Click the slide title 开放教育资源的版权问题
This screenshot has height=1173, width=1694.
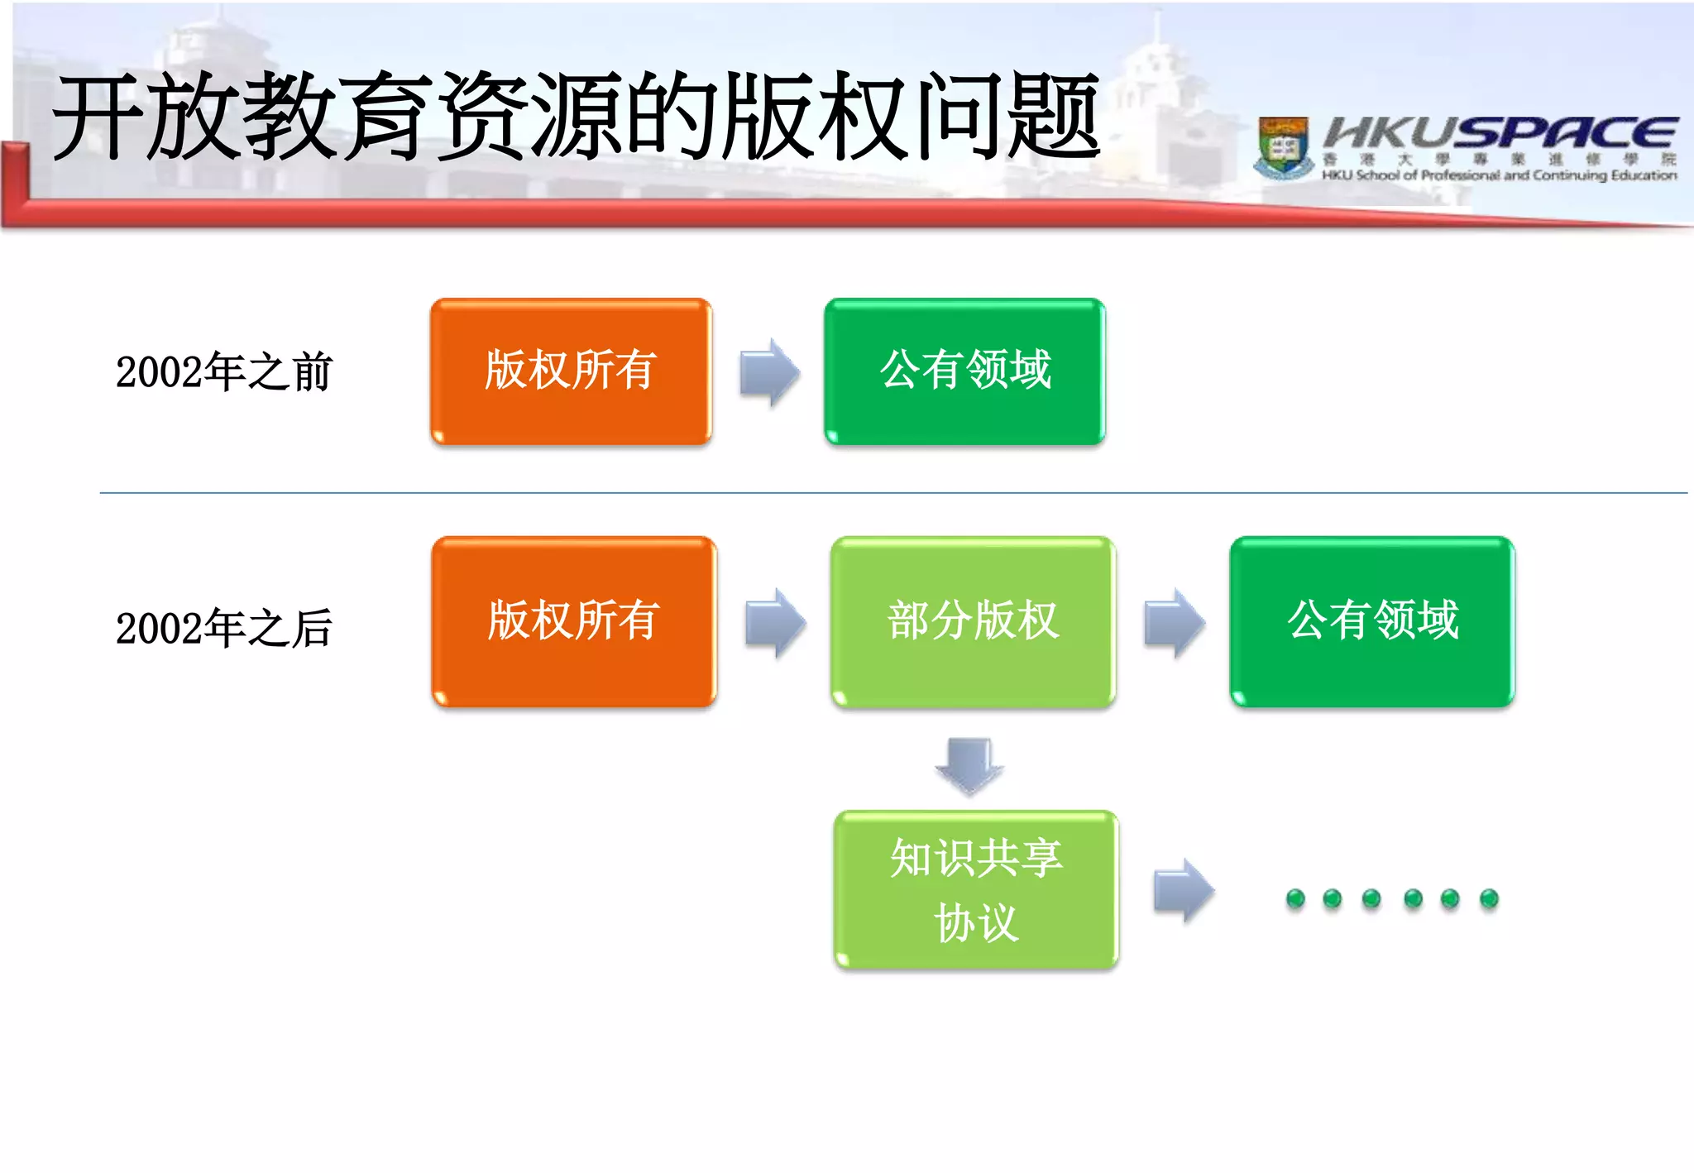(x=576, y=117)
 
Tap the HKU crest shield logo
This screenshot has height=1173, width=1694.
(x=1283, y=147)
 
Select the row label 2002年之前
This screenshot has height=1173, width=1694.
(x=223, y=371)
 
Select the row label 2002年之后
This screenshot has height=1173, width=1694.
(x=223, y=628)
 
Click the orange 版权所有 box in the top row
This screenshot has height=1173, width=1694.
(x=571, y=371)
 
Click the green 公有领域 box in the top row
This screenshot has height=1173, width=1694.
(x=964, y=371)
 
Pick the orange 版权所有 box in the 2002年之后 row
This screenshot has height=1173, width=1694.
(x=573, y=621)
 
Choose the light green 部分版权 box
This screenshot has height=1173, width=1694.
(x=973, y=621)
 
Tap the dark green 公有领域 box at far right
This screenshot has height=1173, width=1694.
(x=1371, y=621)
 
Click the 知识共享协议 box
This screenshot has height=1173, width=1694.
(x=976, y=889)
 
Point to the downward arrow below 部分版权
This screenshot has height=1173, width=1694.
(x=969, y=766)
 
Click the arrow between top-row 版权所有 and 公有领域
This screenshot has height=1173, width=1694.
(x=769, y=372)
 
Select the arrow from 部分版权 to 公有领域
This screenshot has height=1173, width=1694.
(x=1174, y=623)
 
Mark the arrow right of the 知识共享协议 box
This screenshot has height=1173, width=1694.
(x=1184, y=891)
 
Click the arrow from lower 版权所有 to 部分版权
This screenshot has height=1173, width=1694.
(x=775, y=623)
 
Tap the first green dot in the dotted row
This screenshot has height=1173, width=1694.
(x=1295, y=898)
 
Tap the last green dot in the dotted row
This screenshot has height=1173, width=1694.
(x=1489, y=898)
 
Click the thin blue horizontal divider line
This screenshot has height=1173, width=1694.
(x=893, y=493)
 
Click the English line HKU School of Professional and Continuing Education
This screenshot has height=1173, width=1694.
(x=1499, y=175)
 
